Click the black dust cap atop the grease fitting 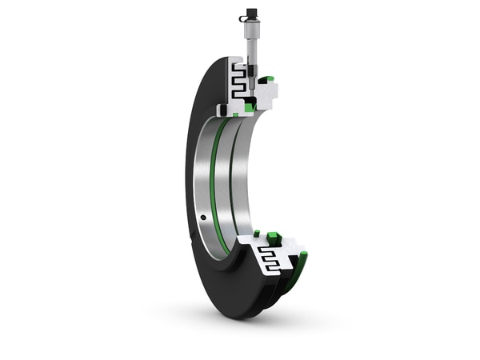pos(251,14)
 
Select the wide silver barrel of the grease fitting pos(251,32)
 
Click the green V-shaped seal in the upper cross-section pos(250,106)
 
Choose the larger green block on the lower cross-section pos(274,237)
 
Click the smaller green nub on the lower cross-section pos(257,233)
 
